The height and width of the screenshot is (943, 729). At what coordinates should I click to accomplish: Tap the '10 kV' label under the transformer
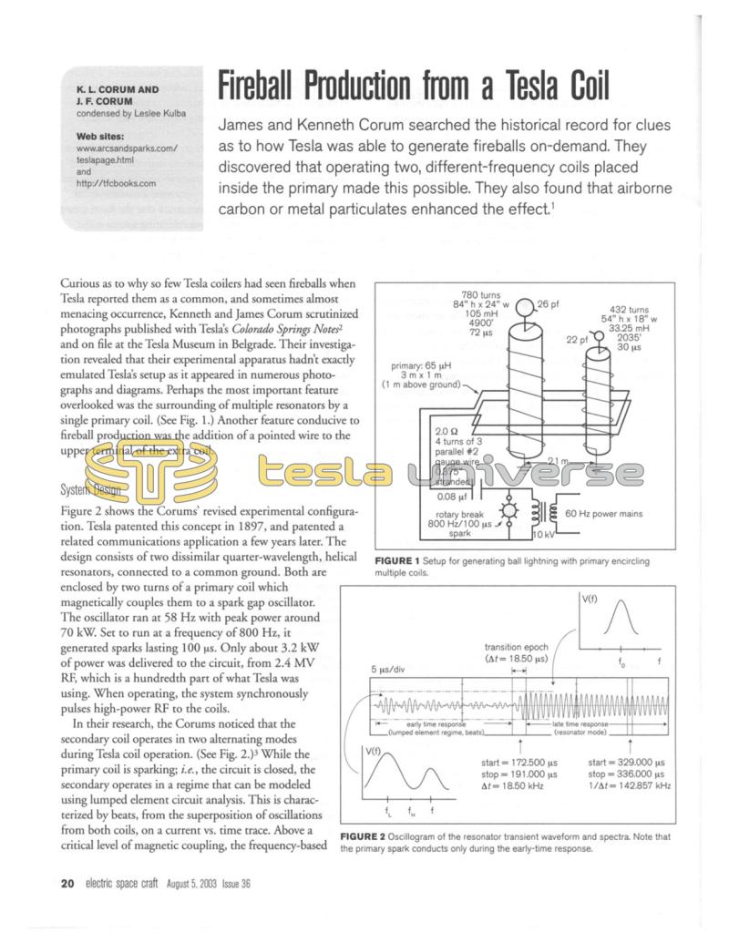tap(543, 534)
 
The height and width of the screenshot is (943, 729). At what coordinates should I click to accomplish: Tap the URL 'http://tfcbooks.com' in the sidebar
tap(116, 183)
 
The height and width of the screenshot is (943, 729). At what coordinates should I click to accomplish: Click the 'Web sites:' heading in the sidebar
tap(101, 136)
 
